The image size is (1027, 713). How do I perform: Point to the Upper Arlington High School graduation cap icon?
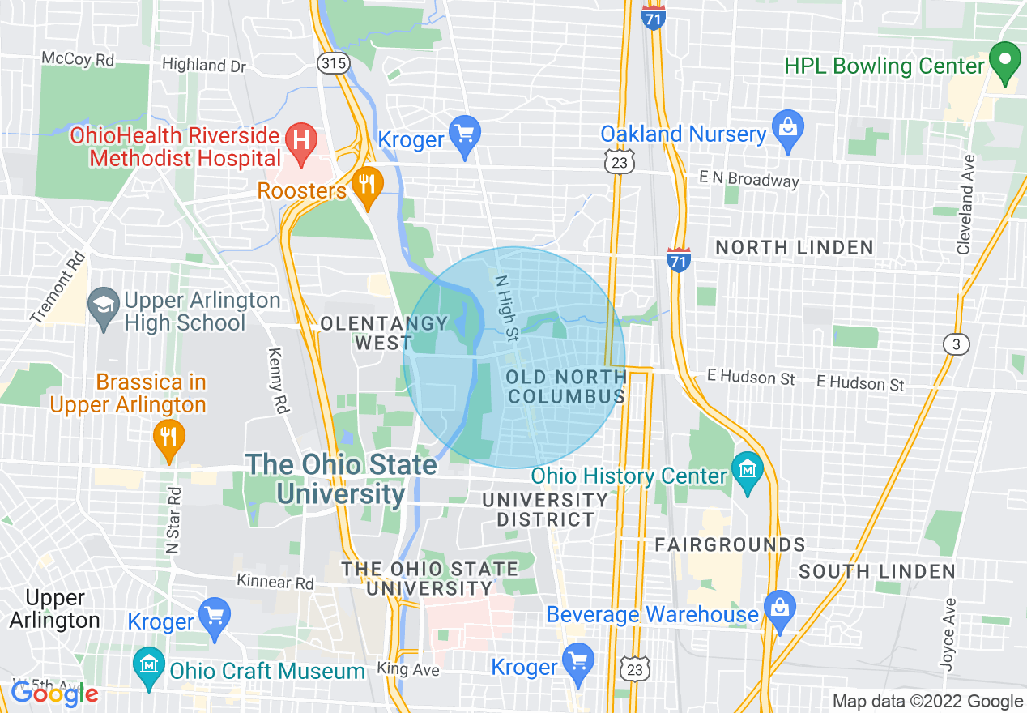coord(103,310)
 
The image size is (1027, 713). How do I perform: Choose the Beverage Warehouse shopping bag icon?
coord(779,613)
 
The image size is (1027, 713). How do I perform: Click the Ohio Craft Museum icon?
coord(149,669)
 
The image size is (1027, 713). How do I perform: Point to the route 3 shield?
coord(957,344)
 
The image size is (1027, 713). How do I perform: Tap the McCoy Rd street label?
coord(78,59)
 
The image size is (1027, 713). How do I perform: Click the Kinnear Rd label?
coord(275,582)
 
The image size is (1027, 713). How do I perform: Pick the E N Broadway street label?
coord(748,179)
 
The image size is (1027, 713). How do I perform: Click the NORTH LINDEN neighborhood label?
coord(795,247)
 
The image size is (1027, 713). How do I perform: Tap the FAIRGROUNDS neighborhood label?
coord(730,544)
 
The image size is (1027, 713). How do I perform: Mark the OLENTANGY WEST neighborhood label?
coord(384,333)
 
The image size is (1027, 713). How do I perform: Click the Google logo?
coord(54,694)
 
